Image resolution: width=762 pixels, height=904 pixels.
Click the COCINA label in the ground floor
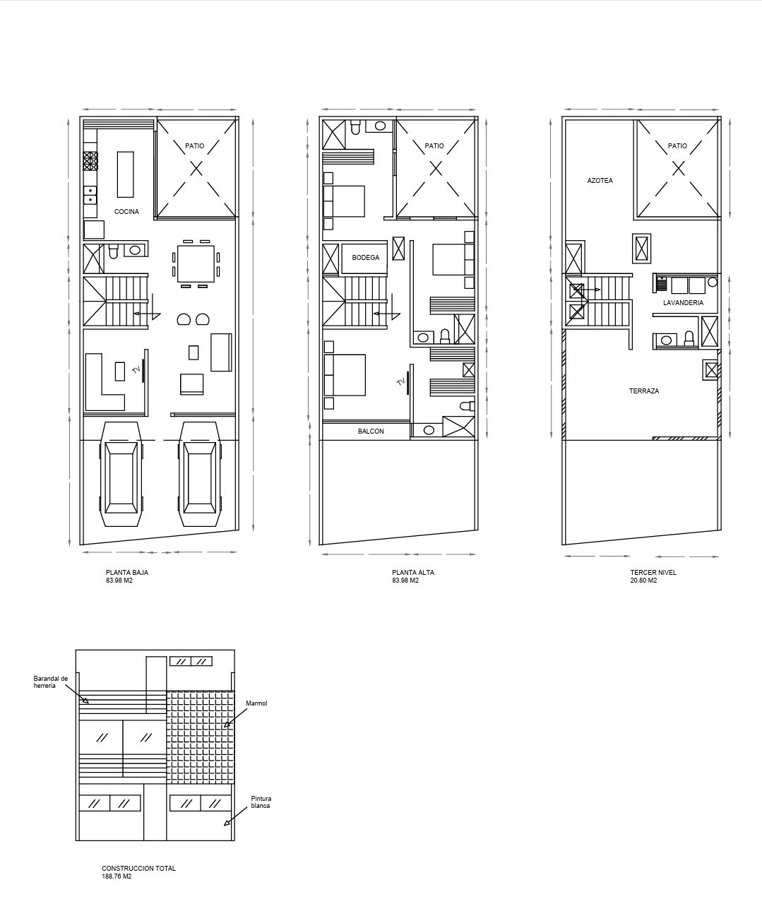click(126, 212)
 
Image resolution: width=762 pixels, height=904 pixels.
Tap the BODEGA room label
click(365, 258)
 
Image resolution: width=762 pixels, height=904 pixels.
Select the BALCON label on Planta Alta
click(371, 432)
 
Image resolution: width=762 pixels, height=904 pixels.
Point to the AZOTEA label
click(600, 181)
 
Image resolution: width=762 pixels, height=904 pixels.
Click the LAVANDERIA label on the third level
click(683, 303)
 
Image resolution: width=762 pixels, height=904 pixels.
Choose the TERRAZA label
click(644, 391)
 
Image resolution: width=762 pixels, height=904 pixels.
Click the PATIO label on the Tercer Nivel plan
click(677, 146)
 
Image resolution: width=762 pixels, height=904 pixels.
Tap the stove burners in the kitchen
click(90, 160)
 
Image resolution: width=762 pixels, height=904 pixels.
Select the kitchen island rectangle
click(126, 174)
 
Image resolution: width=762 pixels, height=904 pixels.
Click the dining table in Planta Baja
click(196, 263)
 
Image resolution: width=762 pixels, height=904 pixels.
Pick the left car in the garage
click(121, 474)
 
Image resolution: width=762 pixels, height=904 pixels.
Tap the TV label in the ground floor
click(136, 370)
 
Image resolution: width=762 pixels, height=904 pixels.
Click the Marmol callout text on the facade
click(256, 703)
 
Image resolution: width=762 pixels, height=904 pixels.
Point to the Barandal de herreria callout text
click(51, 682)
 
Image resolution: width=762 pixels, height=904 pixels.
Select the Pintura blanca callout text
click(261, 802)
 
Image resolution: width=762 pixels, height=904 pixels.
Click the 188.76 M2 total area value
click(117, 876)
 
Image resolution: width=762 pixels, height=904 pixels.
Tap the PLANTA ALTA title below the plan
click(413, 572)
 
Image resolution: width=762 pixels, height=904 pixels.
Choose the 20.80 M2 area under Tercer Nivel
click(643, 580)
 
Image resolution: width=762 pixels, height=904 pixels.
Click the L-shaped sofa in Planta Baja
click(105, 382)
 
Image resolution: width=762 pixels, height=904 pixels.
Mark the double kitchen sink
click(90, 195)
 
